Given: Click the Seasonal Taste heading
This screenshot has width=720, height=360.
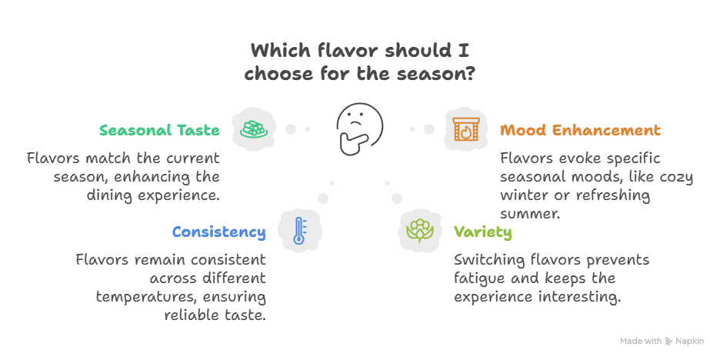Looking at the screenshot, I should pyautogui.click(x=159, y=130).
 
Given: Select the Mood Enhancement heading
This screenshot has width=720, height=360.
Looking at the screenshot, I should pyautogui.click(x=580, y=130).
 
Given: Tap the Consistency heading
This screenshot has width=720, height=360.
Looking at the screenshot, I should pyautogui.click(x=219, y=232).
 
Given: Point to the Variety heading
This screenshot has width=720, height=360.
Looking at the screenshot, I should pyautogui.click(x=482, y=232).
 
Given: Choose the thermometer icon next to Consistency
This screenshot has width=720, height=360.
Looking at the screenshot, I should pyautogui.click(x=301, y=230).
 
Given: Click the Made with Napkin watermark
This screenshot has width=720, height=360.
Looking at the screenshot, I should pyautogui.click(x=663, y=340).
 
